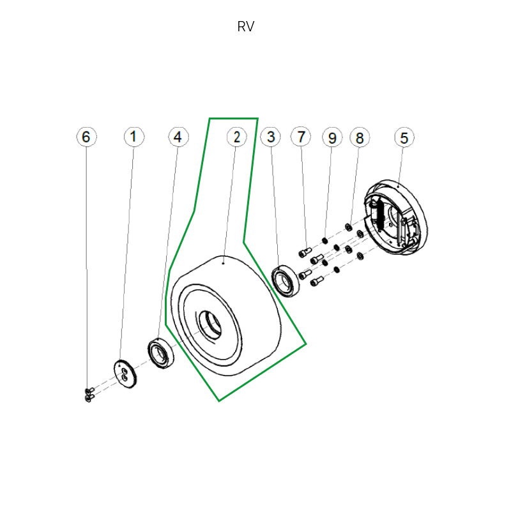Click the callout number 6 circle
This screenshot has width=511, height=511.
pyautogui.click(x=87, y=137)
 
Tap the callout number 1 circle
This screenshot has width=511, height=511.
pyautogui.click(x=133, y=137)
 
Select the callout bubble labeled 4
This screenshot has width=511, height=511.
pyautogui.click(x=178, y=137)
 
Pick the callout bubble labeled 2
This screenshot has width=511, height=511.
pyautogui.click(x=237, y=137)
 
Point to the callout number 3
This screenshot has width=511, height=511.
pyautogui.click(x=271, y=137)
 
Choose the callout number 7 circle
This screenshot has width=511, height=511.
pyautogui.click(x=301, y=137)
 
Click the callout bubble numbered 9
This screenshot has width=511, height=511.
pyautogui.click(x=332, y=137)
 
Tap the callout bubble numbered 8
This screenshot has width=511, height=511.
pyautogui.click(x=360, y=137)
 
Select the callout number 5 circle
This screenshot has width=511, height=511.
pyautogui.click(x=404, y=137)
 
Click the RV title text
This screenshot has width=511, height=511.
pyautogui.click(x=246, y=27)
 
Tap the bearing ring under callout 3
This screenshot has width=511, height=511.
pyautogui.click(x=286, y=281)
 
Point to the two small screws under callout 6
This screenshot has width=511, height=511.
pyautogui.click(x=89, y=395)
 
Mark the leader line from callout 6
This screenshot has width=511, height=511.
pyautogui.click(x=87, y=268)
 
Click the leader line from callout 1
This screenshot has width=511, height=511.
pyautogui.click(x=128, y=256)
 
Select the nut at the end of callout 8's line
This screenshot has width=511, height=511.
pyautogui.click(x=349, y=226)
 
